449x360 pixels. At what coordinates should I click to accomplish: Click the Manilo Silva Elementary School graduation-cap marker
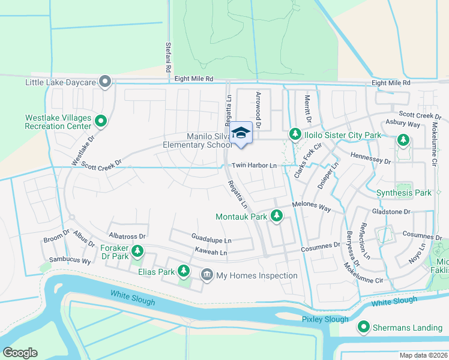[x=241, y=133]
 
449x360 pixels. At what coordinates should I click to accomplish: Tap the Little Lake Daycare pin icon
[x=106, y=82]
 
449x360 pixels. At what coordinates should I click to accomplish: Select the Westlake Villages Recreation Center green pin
[x=101, y=122]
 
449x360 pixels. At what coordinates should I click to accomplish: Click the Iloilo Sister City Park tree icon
[x=295, y=135]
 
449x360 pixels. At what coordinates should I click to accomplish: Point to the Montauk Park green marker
[x=276, y=215]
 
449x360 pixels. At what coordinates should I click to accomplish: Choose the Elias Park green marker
[x=184, y=272]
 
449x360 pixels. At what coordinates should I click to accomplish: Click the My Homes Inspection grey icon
[x=206, y=275]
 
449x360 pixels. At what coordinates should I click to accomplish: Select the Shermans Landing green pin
[x=364, y=327]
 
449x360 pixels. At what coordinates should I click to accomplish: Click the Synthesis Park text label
[x=403, y=193]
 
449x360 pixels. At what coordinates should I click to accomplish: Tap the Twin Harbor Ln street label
[x=254, y=165]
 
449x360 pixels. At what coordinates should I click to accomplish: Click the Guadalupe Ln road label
[x=211, y=240]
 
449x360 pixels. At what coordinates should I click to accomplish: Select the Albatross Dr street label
[x=127, y=236]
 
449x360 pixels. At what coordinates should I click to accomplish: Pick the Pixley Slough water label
[x=325, y=319]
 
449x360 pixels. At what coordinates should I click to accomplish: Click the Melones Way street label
[x=312, y=206]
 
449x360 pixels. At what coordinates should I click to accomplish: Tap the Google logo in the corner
[x=20, y=353]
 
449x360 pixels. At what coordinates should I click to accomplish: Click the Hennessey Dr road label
[x=369, y=161]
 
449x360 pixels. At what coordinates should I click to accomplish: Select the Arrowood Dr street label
[x=259, y=110]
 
